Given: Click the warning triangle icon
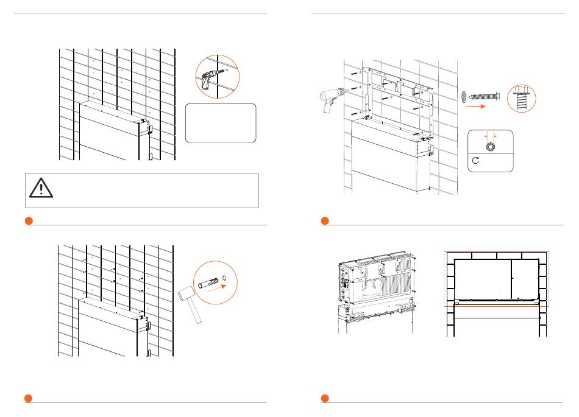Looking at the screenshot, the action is click(41, 189).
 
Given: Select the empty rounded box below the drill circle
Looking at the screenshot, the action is click(221, 123).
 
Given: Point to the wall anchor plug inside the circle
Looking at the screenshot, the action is click(207, 282).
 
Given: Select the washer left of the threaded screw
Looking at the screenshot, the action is click(464, 95).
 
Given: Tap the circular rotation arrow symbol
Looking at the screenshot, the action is click(477, 161).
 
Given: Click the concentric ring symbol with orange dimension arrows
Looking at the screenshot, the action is click(490, 145).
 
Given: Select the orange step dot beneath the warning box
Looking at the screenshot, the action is click(29, 220).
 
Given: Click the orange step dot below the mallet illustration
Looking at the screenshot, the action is click(29, 398).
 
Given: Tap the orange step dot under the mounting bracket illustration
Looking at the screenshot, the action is click(325, 220).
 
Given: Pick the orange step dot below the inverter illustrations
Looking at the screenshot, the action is click(325, 398).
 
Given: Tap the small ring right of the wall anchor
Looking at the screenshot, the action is click(225, 279).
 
